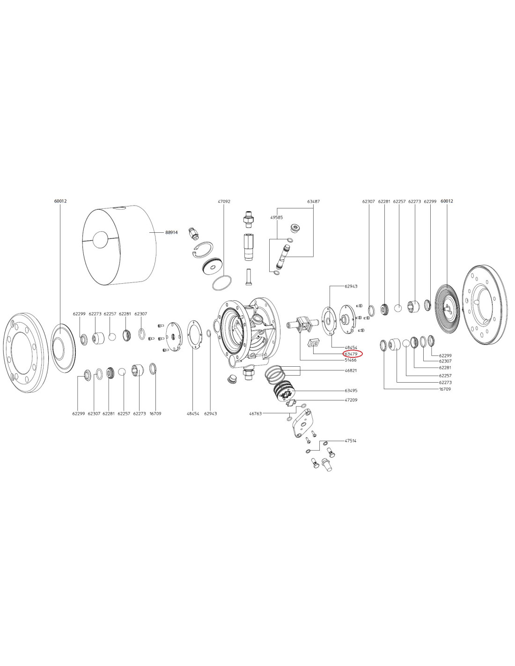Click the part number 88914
pos(171,233)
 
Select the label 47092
pos(224,201)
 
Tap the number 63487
pos(313,201)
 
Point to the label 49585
pos(276,217)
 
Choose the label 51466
pos(351,360)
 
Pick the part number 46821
pos(351,370)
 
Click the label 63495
pos(351,391)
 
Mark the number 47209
pos(351,400)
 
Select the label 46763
pos(256,414)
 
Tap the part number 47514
pos(351,441)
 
